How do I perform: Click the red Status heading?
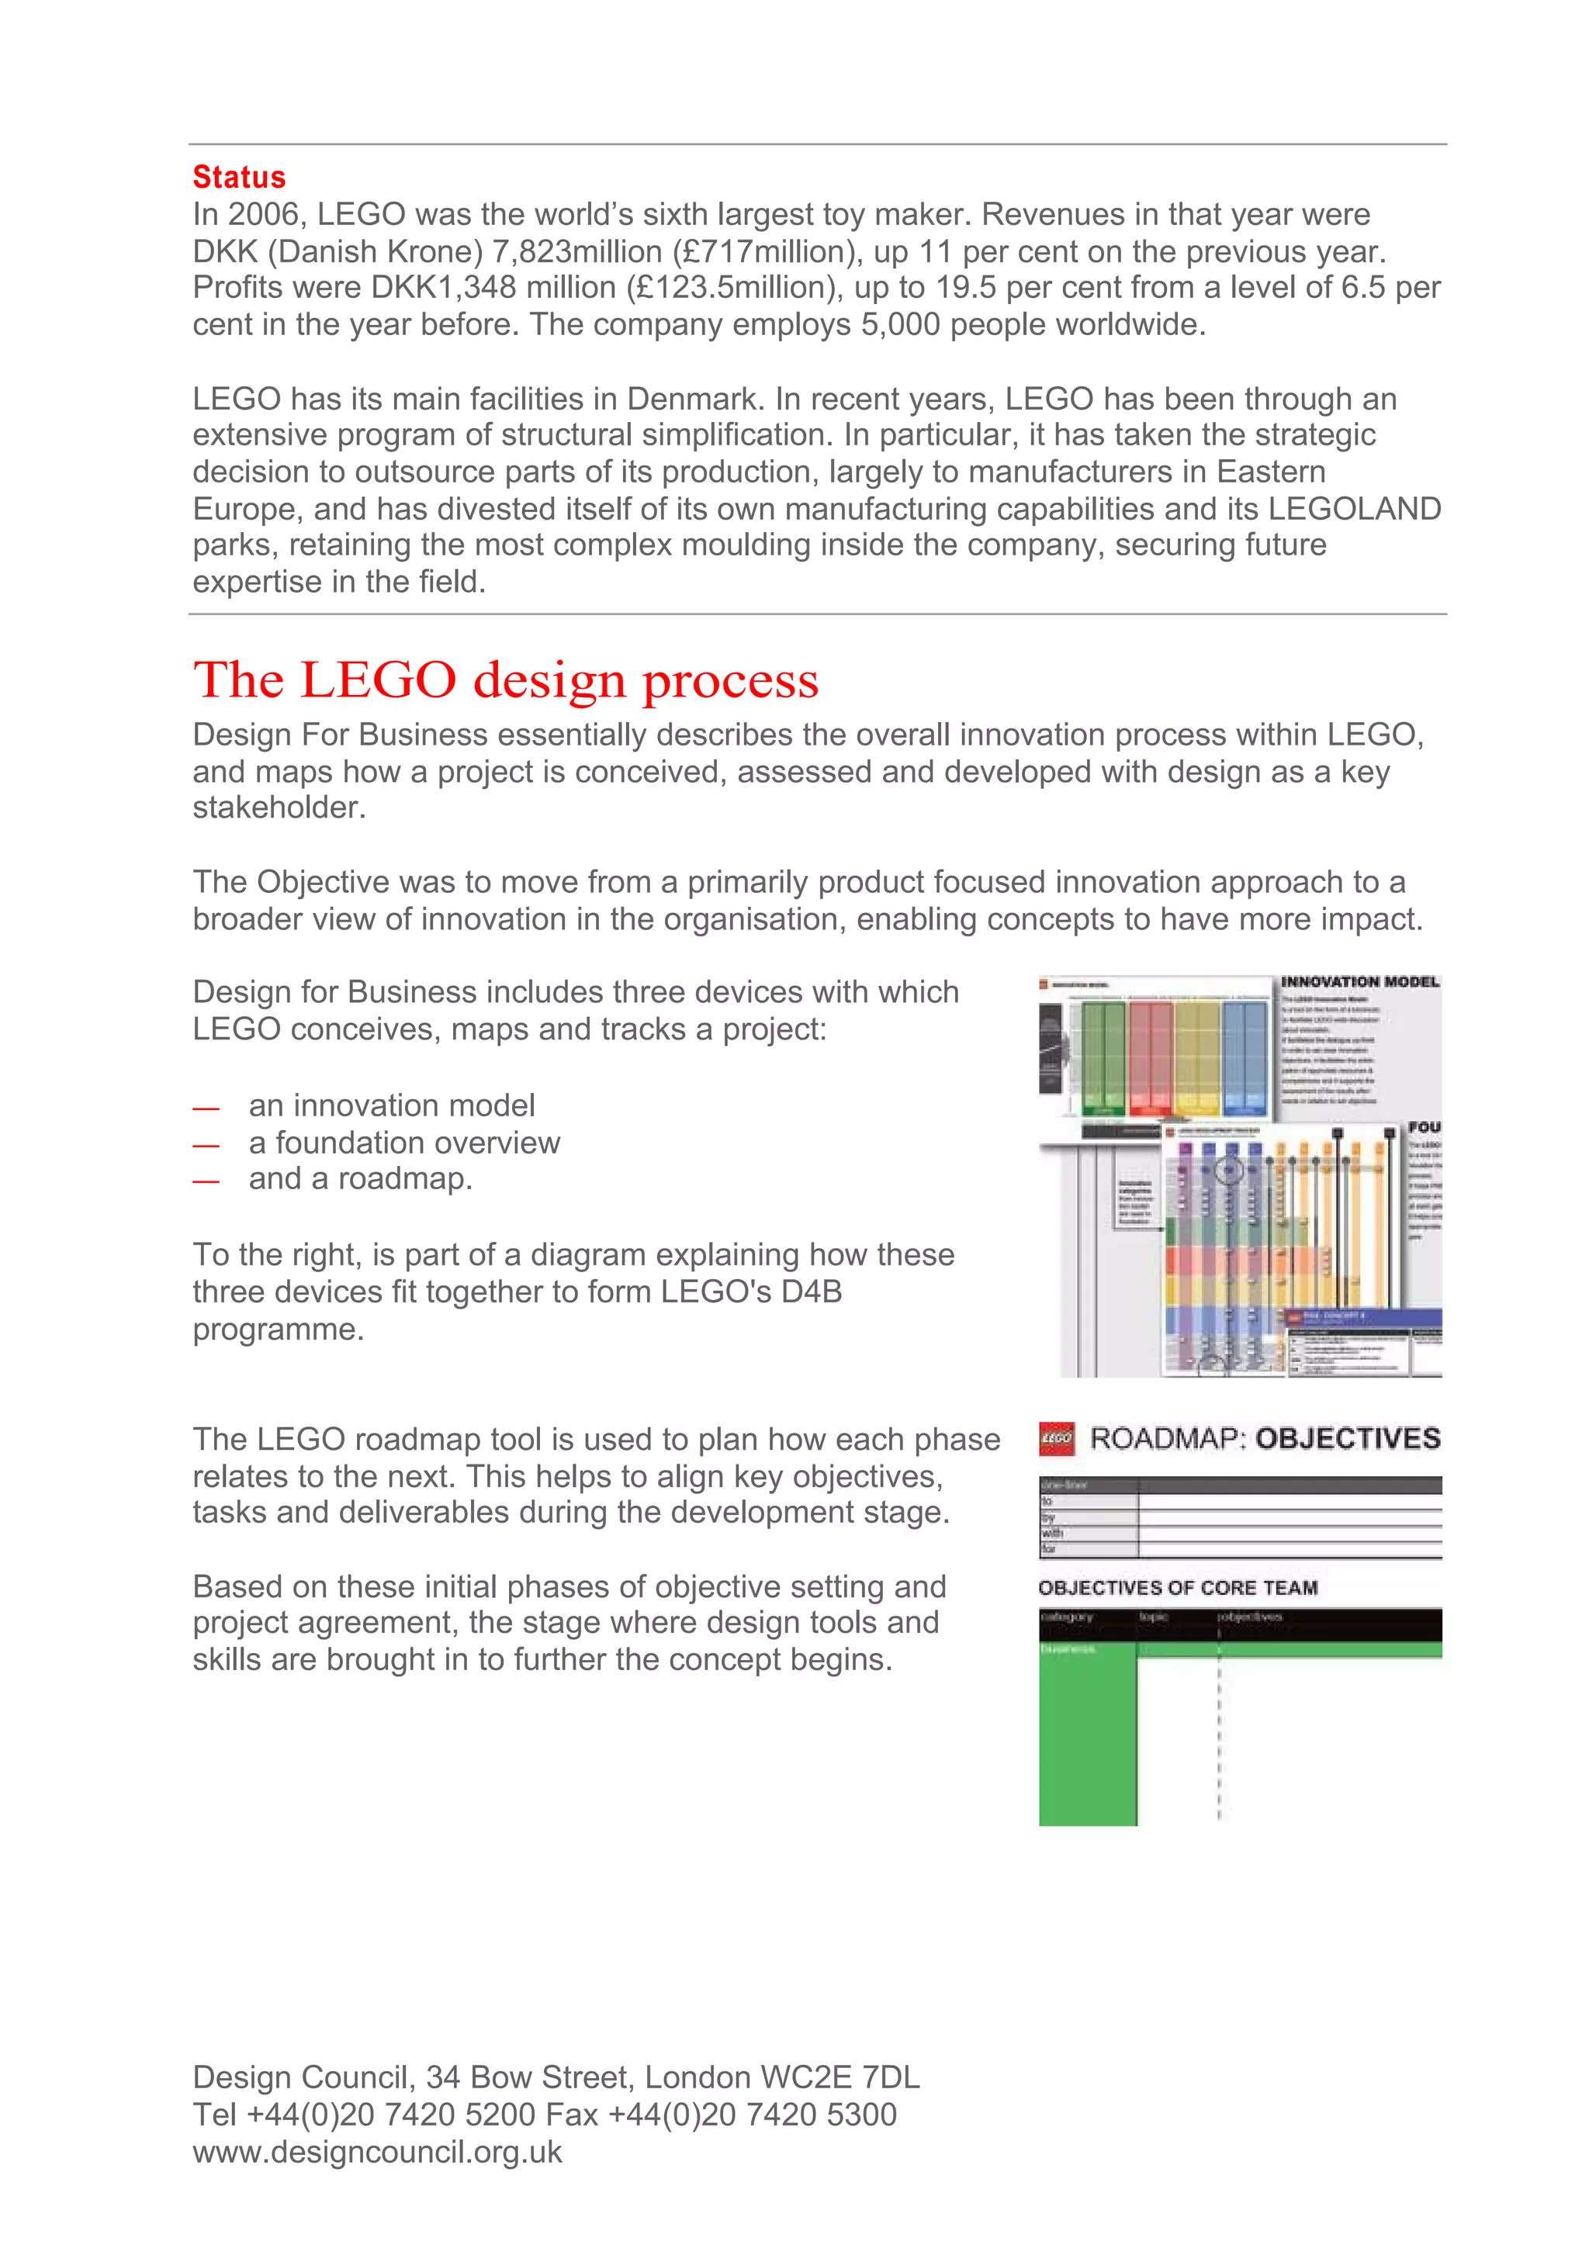[x=239, y=177]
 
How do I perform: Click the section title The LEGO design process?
[x=505, y=680]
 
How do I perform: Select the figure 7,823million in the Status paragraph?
[x=576, y=251]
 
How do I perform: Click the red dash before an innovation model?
[x=206, y=1108]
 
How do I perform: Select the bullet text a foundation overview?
[x=404, y=1143]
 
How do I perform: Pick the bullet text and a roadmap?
[x=360, y=1179]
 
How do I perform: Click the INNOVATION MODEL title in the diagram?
[x=1360, y=982]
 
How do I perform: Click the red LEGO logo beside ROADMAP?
[x=1057, y=1439]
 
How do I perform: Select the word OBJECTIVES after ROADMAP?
[x=1347, y=1438]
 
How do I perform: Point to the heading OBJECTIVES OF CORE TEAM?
[x=1178, y=1588]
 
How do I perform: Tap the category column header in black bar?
[x=1067, y=1617]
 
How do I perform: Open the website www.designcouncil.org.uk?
[x=377, y=2152]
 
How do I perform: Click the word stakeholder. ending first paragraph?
[x=279, y=808]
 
